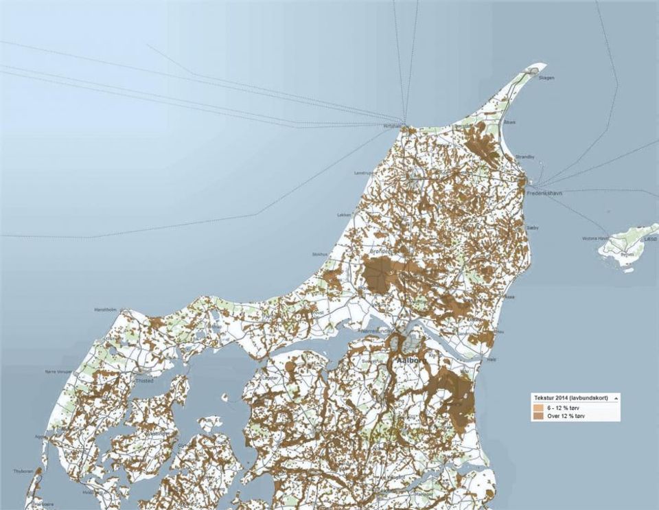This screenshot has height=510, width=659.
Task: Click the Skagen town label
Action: (x=546, y=78)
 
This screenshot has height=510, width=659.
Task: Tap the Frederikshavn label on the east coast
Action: (x=544, y=194)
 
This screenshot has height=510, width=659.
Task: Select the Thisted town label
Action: (x=144, y=380)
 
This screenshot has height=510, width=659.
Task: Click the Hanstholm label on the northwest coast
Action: (x=106, y=310)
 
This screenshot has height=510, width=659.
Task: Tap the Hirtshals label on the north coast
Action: (x=393, y=126)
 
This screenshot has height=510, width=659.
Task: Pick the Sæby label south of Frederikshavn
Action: (x=533, y=227)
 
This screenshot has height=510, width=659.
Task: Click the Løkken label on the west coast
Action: (x=344, y=215)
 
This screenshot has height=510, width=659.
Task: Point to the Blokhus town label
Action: (x=320, y=254)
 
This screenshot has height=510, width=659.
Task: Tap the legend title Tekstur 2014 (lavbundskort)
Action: (x=572, y=397)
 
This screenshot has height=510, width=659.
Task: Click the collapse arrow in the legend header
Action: (x=616, y=397)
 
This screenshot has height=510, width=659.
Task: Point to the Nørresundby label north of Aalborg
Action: (x=375, y=331)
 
